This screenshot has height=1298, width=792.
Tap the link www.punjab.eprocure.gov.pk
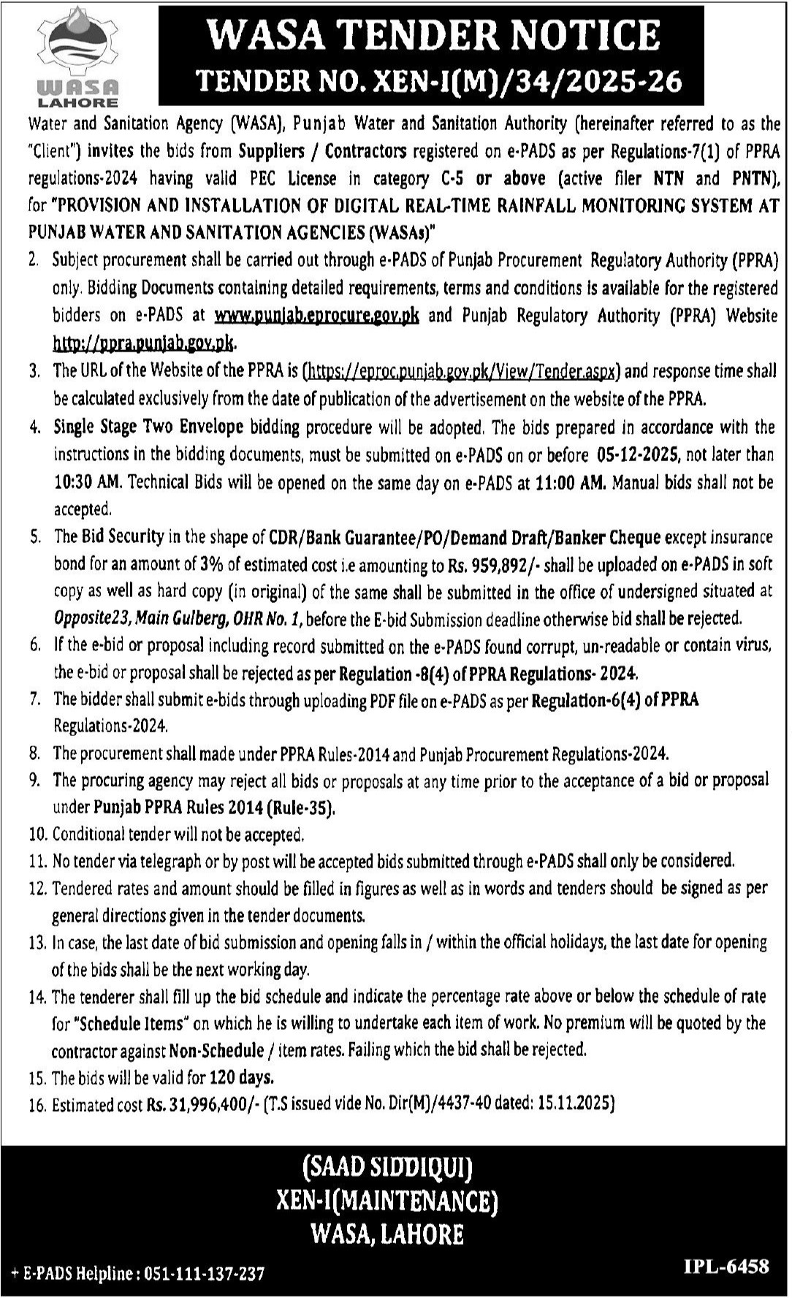point(317,315)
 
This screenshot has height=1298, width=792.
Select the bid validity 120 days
point(241,1077)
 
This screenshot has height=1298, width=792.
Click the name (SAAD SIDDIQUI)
point(387,1167)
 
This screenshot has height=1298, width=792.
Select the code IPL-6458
point(726,1266)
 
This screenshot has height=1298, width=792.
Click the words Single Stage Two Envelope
point(148,427)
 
